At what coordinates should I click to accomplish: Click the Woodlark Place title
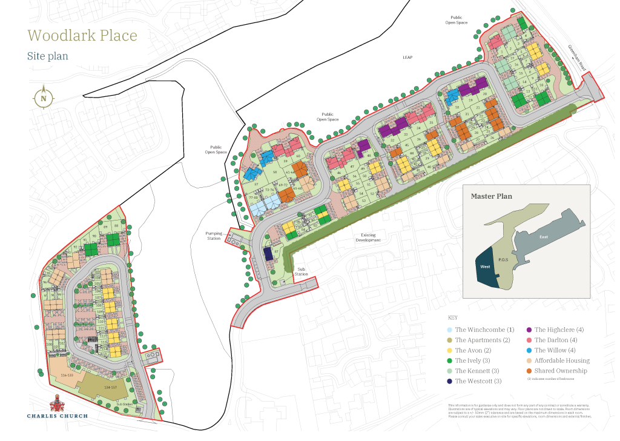click(x=82, y=35)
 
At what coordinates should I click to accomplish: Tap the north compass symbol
click(x=44, y=98)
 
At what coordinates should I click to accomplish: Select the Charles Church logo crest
click(x=57, y=402)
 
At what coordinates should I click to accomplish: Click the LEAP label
click(x=407, y=58)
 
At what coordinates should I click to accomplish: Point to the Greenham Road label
click(x=578, y=58)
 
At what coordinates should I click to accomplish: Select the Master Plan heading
click(x=491, y=196)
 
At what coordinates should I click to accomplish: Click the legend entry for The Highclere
click(x=559, y=330)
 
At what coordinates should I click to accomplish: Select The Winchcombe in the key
click(x=484, y=330)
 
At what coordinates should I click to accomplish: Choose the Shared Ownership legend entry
click(x=560, y=371)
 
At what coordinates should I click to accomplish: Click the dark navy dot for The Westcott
click(x=449, y=381)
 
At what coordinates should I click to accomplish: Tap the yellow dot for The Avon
click(x=449, y=350)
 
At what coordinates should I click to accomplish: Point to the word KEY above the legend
click(x=452, y=318)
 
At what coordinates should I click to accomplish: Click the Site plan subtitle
click(x=47, y=56)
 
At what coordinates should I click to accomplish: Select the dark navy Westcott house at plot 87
click(x=268, y=254)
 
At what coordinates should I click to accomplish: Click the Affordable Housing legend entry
click(x=561, y=360)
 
